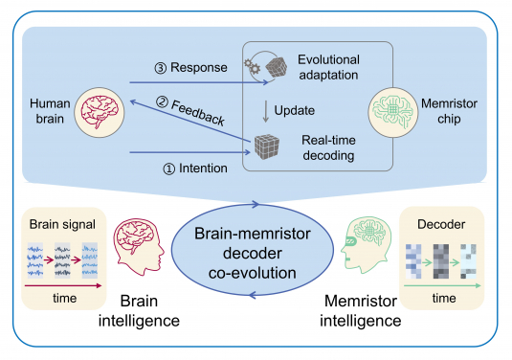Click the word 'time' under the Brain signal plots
pyautogui.click(x=61, y=298)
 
